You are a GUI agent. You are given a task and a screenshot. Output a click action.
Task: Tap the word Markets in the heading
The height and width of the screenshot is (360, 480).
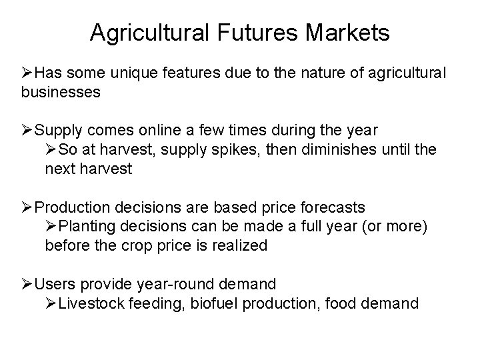(348, 31)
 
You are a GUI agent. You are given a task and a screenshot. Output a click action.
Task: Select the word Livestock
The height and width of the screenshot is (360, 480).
(92, 303)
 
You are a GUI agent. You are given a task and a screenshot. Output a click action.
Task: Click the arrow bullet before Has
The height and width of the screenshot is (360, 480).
(28, 72)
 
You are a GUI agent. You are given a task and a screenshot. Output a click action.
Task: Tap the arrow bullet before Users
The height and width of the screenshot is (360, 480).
(28, 284)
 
